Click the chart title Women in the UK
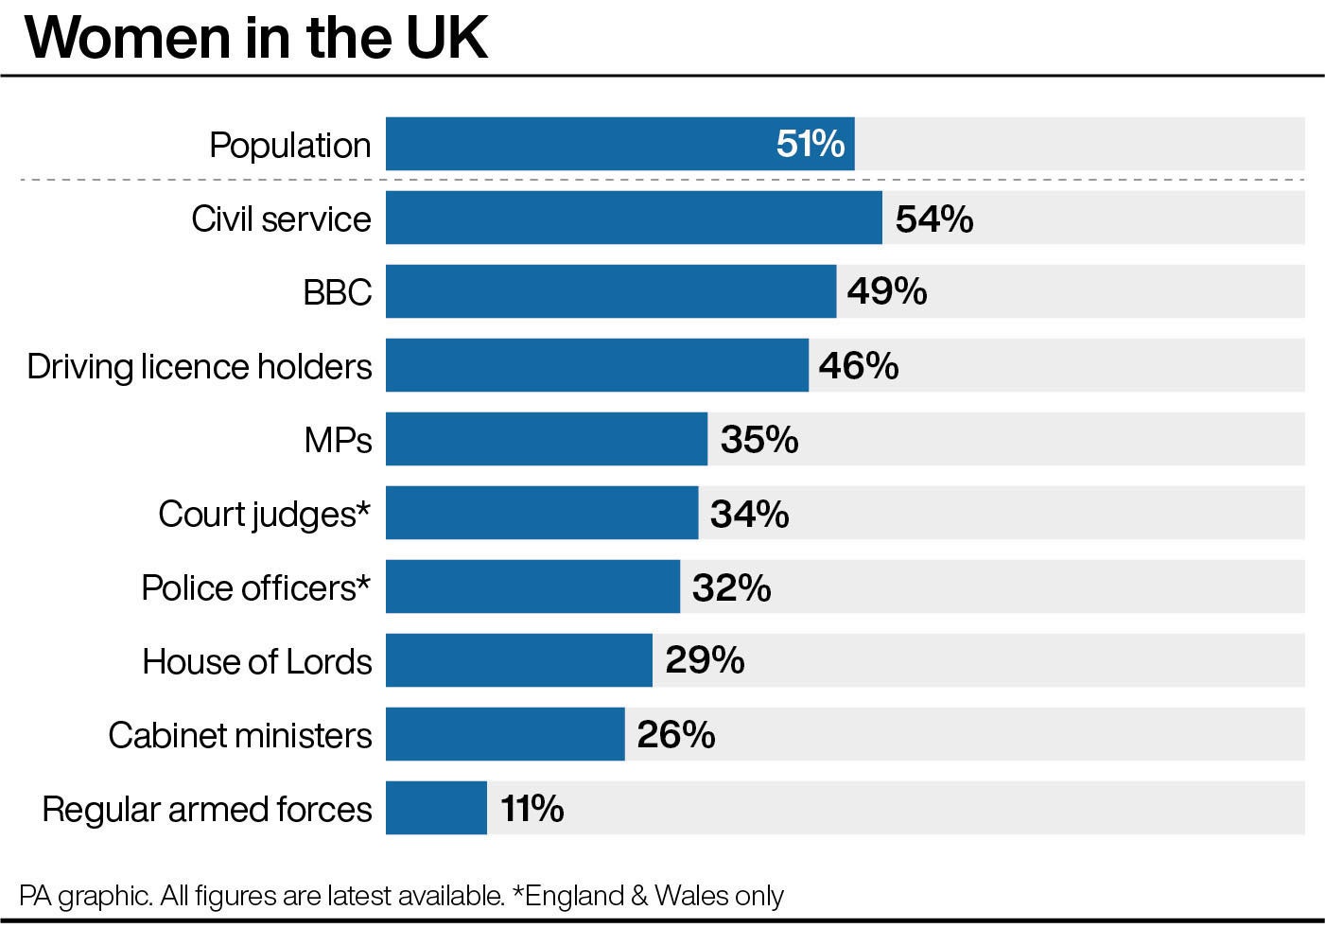pos(256,38)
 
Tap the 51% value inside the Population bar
pos(810,144)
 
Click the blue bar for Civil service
pos(634,218)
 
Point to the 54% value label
pos(933,219)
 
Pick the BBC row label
pos(337,292)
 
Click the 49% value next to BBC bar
pos(886,291)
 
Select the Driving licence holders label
pos(200,366)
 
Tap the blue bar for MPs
pos(546,439)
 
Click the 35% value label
pos(758,440)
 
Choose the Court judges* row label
pos(264,514)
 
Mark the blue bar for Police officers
pos(532,587)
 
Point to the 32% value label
pos(731,587)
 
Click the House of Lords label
pos(256,661)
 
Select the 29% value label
pos(704,660)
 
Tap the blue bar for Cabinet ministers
pos(505,734)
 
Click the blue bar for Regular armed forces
pos(436,808)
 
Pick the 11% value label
pos(532,809)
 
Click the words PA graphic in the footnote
pos(85,895)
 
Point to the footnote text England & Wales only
pos(654,895)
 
